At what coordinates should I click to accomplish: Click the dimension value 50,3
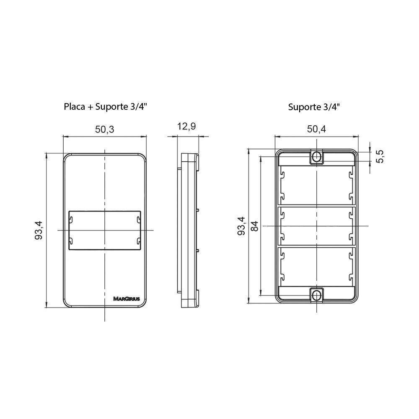coord(105,129)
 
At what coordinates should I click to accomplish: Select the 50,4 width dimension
coord(316,129)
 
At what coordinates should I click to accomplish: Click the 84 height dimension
coord(254,226)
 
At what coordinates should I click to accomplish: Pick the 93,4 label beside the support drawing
coord(241,226)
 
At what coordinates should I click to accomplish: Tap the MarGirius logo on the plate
coord(127,299)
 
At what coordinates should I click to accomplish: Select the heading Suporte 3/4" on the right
coord(314,106)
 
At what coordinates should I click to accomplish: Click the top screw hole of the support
coord(316,157)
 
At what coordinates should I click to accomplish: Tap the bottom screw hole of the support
coord(316,295)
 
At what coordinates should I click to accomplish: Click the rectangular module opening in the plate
coord(104,230)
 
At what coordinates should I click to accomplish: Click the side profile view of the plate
coord(189,230)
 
